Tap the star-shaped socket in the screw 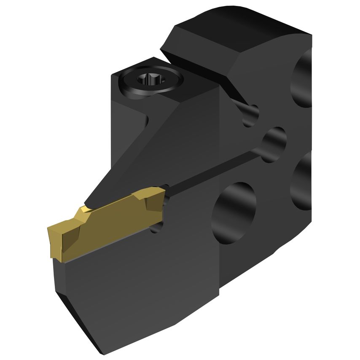click(x=150, y=79)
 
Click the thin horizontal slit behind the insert click(x=211, y=171)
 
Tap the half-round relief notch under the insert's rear click(x=157, y=228)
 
